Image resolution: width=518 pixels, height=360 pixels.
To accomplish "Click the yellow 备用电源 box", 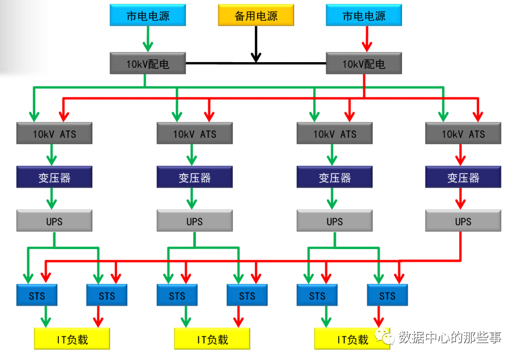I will coord(256,16).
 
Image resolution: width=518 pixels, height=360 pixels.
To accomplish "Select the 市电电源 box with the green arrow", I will coord(148,16).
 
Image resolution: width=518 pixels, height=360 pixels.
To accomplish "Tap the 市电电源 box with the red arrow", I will coord(364,16).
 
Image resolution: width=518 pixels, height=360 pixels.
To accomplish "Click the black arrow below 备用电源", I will coord(256,45).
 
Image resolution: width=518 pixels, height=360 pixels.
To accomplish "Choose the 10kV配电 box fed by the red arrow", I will coord(364,64).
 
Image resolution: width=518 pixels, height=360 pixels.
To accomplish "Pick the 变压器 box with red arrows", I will coord(463,177).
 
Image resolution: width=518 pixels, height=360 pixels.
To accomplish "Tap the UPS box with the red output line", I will coord(463,221).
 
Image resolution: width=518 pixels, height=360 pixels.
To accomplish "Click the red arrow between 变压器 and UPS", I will coord(461,199).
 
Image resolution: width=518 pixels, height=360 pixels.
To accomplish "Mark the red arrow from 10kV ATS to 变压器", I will coord(461,155).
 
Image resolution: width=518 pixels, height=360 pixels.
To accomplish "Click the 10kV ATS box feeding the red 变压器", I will coord(463,134).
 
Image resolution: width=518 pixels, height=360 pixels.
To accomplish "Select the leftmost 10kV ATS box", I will coord(54,134).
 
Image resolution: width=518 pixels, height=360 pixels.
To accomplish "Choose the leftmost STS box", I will coord(37,296).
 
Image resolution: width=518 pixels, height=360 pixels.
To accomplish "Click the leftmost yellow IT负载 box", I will coord(72,339).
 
